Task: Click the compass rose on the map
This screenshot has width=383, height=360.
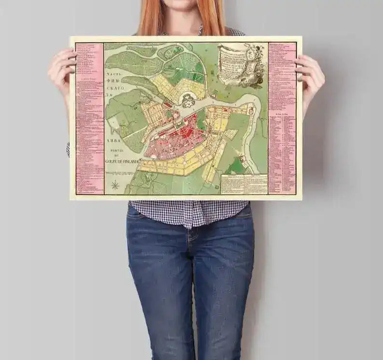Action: (x=116, y=185)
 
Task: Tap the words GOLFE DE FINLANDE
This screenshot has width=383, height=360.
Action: (x=121, y=162)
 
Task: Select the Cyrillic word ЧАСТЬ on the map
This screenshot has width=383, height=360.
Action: (x=112, y=74)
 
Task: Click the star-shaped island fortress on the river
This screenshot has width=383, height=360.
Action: (x=188, y=100)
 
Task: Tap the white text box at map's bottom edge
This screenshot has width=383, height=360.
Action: (x=244, y=184)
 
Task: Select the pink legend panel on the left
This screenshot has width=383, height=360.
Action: (x=89, y=118)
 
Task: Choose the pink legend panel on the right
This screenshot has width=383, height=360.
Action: (x=282, y=118)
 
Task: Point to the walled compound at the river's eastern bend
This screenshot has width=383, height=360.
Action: (x=250, y=111)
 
